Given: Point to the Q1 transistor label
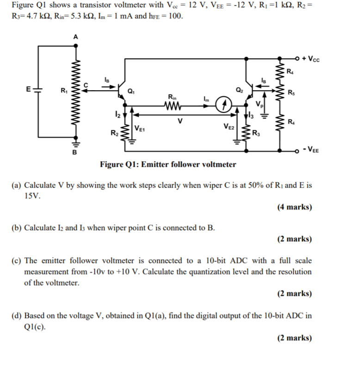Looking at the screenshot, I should pyautogui.click(x=131, y=90).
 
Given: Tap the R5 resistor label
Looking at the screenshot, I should pyautogui.click(x=290, y=92).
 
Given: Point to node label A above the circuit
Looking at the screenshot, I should pyautogui.click(x=76, y=37).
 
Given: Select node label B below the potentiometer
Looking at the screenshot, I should pyautogui.click(x=73, y=153).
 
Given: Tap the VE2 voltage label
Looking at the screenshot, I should pyautogui.click(x=228, y=127).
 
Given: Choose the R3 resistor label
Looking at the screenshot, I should pyautogui.click(x=256, y=135).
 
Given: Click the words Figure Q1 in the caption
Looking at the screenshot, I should pyautogui.click(x=116, y=165).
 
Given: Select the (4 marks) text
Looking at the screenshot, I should pyautogui.click(x=294, y=207).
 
